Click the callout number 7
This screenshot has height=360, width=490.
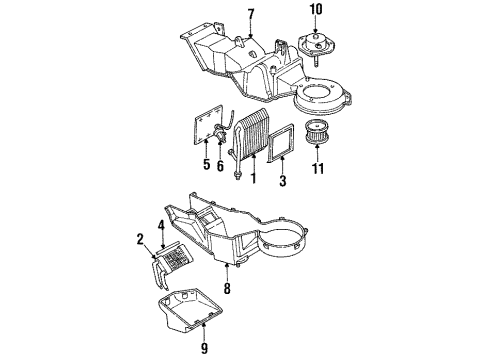click(251, 13)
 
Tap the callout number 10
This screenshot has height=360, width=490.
click(316, 11)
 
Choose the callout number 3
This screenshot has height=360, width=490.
click(284, 181)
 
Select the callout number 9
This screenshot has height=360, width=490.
click(204, 349)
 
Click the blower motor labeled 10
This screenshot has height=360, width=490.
click(317, 44)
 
